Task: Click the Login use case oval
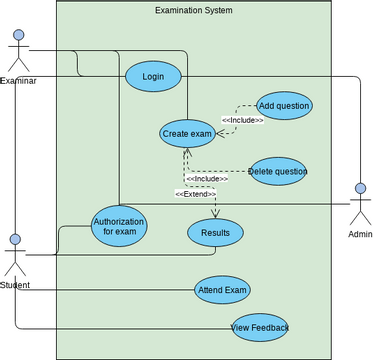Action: (153, 76)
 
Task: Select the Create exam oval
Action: (187, 133)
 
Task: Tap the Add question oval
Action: (283, 105)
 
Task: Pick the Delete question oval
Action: (277, 171)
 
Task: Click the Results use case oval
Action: (215, 233)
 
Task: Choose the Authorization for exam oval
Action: (119, 226)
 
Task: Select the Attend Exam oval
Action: (222, 290)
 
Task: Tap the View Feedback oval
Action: (260, 327)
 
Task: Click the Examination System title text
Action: (194, 11)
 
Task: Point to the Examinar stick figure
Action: (17, 51)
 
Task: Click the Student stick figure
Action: (15, 257)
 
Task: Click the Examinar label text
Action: (18, 81)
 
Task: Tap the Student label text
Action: (15, 286)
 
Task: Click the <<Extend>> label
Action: (194, 194)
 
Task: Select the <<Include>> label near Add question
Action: (242, 120)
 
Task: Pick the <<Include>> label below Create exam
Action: (207, 179)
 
